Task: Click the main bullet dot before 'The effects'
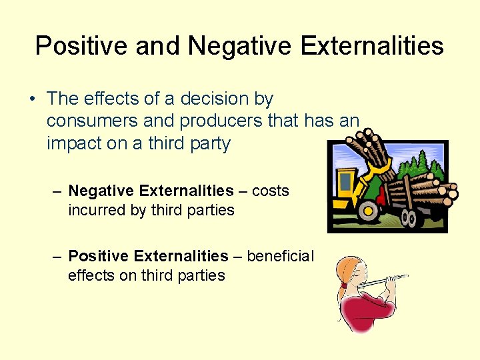pyautogui.click(x=32, y=99)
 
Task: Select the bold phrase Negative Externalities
pyautogui.click(x=151, y=191)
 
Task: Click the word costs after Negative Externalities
pyautogui.click(x=271, y=191)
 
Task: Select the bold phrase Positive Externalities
pyautogui.click(x=148, y=256)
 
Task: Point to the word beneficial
pyautogui.click(x=281, y=256)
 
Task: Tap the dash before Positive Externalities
pyautogui.click(x=59, y=256)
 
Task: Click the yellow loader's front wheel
pyautogui.click(x=368, y=211)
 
